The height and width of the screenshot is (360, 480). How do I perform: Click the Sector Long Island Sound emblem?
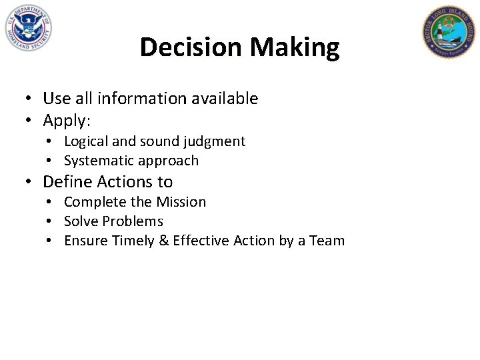click(x=448, y=31)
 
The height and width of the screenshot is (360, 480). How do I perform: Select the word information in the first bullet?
click(x=140, y=99)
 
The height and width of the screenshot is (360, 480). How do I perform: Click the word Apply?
click(x=66, y=121)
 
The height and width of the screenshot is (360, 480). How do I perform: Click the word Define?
click(x=67, y=181)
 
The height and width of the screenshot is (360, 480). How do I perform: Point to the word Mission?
click(x=181, y=202)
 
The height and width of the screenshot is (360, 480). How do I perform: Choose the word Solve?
click(x=80, y=221)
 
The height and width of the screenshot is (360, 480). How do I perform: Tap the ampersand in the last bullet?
click(x=164, y=241)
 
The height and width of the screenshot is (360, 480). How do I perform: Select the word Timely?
click(x=133, y=241)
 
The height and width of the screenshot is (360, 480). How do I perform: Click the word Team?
click(x=327, y=241)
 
